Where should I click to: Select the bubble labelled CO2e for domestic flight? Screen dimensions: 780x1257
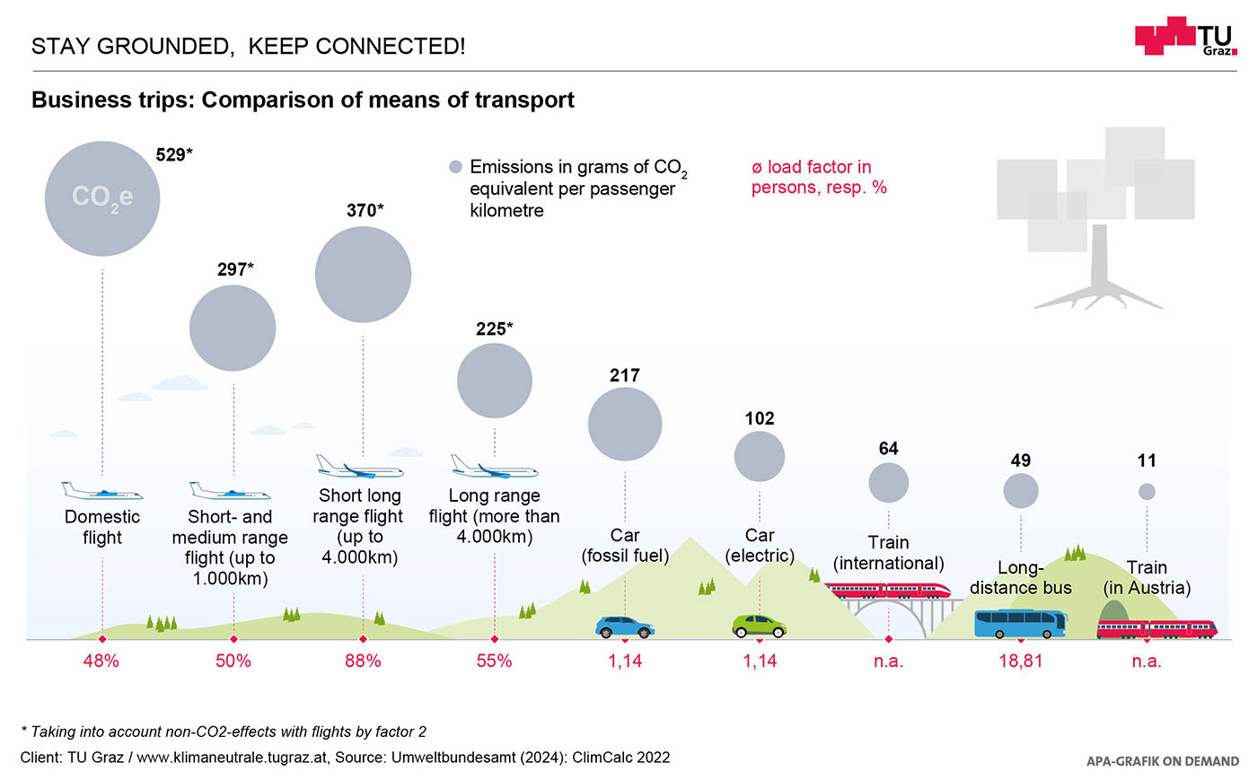point(102,198)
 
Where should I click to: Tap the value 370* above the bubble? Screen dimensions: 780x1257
point(365,210)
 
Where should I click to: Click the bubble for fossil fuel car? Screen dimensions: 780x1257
point(625,425)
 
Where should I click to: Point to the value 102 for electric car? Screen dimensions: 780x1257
point(760,418)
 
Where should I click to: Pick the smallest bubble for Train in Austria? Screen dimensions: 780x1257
point(1147,491)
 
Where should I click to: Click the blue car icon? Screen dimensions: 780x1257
point(625,627)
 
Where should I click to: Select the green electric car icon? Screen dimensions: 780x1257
point(760,626)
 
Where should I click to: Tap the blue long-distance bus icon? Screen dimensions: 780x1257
point(1021,623)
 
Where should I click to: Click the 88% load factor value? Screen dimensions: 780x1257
point(363,662)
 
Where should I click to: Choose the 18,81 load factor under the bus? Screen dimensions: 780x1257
point(1021,662)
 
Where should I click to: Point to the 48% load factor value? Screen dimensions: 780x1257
point(101,662)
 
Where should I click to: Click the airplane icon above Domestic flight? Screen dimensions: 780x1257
point(102,491)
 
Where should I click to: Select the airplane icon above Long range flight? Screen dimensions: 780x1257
point(494,467)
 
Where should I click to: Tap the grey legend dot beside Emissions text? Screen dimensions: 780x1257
point(455,167)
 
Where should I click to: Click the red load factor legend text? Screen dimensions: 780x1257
point(818,177)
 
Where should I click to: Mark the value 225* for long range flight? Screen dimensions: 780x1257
point(494,329)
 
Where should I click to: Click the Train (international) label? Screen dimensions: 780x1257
point(888,553)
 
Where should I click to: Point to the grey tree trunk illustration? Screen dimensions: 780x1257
point(1098,269)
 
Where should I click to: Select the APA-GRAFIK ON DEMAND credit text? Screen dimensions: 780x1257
point(1162,761)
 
